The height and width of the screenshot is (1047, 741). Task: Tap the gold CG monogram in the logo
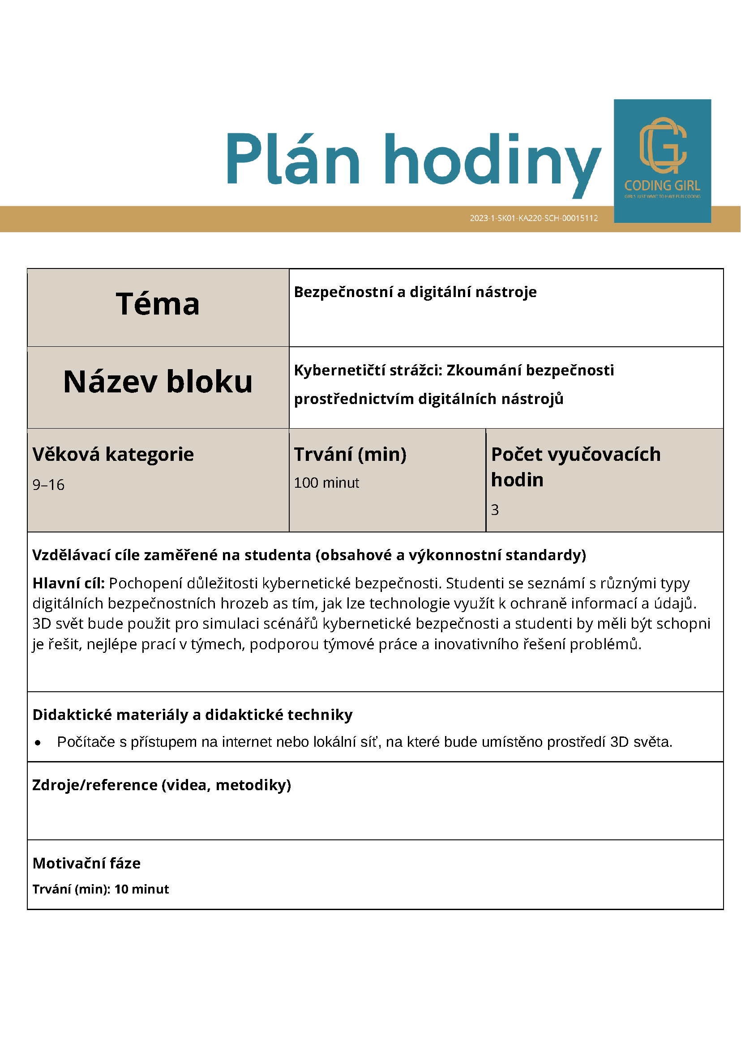(663, 145)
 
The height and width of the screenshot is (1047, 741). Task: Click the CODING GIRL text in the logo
(662, 186)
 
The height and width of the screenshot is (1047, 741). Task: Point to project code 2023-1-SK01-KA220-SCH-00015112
(534, 218)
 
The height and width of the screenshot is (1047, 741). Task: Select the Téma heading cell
(158, 304)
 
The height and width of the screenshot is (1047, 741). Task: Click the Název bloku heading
(158, 382)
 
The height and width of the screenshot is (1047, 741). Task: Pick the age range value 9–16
(48, 485)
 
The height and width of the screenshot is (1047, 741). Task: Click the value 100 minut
(326, 483)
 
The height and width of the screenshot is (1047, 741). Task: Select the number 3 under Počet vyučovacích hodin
(495, 510)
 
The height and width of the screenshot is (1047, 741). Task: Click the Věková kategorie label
(113, 455)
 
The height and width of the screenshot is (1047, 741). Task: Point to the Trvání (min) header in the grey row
(350, 455)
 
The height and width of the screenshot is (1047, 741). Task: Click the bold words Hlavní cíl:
(69, 583)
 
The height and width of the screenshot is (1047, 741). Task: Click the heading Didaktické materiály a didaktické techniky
(192, 715)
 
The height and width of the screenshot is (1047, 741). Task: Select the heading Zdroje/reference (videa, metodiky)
(162, 785)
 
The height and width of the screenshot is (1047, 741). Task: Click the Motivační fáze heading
(87, 863)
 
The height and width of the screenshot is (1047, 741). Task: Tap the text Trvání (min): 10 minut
(100, 889)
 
